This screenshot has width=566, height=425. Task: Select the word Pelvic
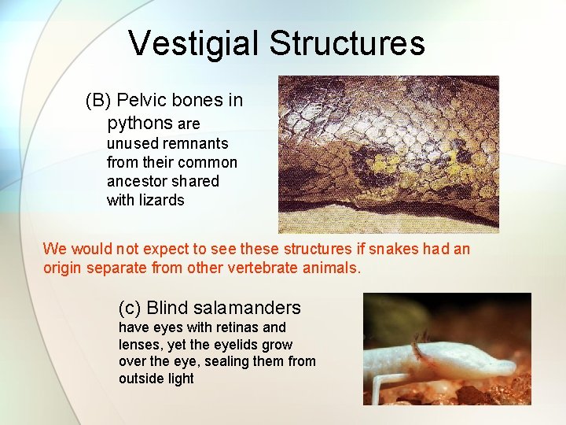point(141,101)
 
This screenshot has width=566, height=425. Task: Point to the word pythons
point(140,123)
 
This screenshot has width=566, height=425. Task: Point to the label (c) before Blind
point(130,307)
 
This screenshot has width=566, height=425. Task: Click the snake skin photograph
point(388,153)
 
